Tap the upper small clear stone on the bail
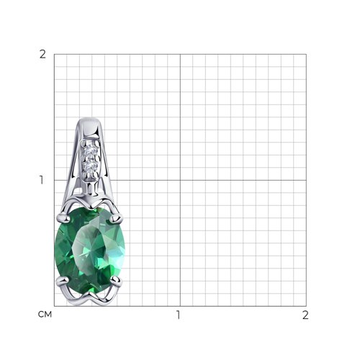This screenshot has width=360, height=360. point(91,150)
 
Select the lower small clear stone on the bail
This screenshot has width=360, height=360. point(90,166)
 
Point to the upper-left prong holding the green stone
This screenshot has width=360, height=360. point(63,217)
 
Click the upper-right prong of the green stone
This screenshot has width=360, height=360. point(116,217)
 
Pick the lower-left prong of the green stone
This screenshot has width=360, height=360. point(63,281)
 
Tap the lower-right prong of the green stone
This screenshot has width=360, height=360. point(116,280)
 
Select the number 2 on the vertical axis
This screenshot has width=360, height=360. point(42,55)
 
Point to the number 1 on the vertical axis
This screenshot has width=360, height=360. point(42,180)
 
